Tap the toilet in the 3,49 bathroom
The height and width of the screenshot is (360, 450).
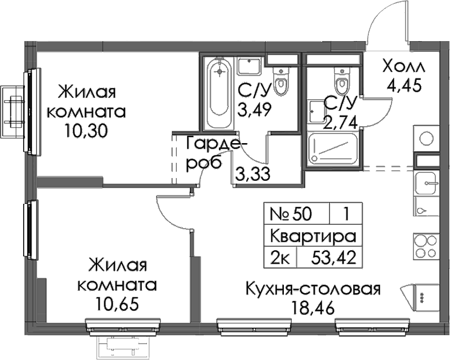(x=281, y=81)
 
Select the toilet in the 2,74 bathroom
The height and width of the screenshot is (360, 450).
(x=341, y=81)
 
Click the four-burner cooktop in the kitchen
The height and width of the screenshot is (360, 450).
(x=426, y=246)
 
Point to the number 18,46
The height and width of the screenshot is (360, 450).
(x=313, y=308)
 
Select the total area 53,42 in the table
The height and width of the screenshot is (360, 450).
(x=333, y=257)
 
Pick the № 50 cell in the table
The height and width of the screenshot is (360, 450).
(x=291, y=214)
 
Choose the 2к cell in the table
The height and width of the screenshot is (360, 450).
(x=280, y=257)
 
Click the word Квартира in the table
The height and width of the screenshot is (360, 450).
(x=313, y=237)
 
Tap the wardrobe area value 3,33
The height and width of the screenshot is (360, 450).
(x=252, y=174)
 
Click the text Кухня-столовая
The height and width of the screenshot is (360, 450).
(x=313, y=290)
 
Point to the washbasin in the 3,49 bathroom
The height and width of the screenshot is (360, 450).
(x=249, y=66)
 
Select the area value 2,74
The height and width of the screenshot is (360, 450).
(x=341, y=122)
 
